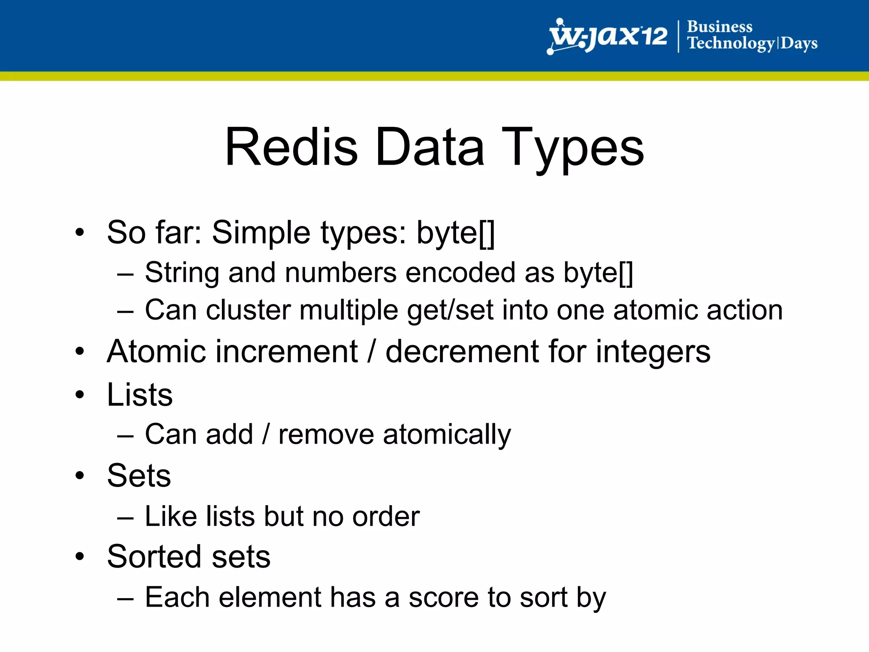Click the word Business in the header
(x=720, y=27)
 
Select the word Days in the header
(x=799, y=43)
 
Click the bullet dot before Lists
(x=80, y=395)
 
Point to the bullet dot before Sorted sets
(x=80, y=556)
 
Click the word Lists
(x=140, y=395)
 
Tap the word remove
(x=326, y=435)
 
